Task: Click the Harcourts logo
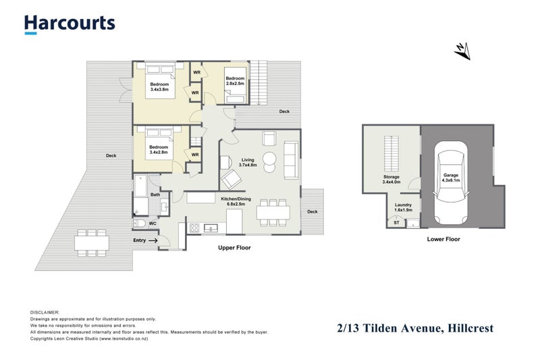click(70, 23)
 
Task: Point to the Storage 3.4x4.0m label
click(391, 180)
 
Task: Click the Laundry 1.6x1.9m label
click(403, 207)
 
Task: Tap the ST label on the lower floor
click(396, 222)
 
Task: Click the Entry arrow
click(153, 240)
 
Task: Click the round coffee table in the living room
click(269, 160)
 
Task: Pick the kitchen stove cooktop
click(194, 228)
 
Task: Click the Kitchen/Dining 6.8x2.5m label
click(236, 202)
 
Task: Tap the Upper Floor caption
click(234, 248)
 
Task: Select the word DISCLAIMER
click(45, 313)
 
